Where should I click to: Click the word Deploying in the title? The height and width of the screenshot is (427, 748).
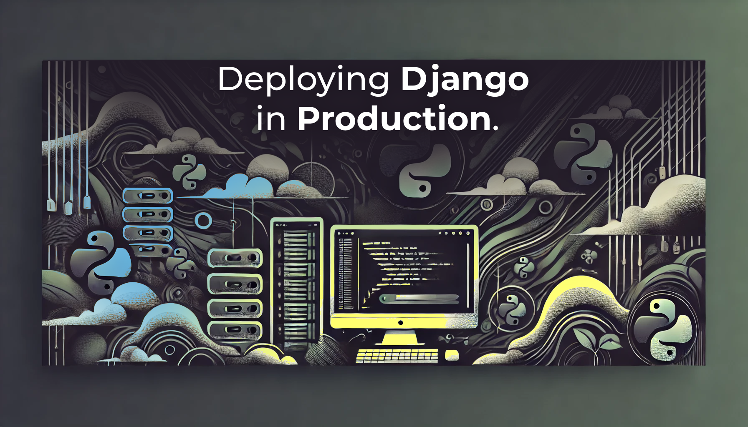(x=303, y=80)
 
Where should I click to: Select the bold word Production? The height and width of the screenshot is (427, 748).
(x=394, y=118)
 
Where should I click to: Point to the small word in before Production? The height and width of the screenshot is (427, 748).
(x=271, y=118)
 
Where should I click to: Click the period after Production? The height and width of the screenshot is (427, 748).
(x=495, y=128)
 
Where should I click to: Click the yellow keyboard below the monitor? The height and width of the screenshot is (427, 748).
(x=397, y=356)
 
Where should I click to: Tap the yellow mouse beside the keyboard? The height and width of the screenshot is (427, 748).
(x=452, y=355)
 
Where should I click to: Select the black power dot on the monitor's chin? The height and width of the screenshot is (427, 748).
(x=401, y=322)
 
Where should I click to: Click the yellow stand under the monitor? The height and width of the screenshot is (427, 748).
(x=400, y=338)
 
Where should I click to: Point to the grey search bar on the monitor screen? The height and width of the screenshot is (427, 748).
(x=419, y=299)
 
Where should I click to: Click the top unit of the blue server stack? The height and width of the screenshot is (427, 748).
(x=148, y=196)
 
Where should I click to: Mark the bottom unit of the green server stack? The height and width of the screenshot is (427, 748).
(x=235, y=330)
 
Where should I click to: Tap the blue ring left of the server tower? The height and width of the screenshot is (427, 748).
(x=203, y=221)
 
